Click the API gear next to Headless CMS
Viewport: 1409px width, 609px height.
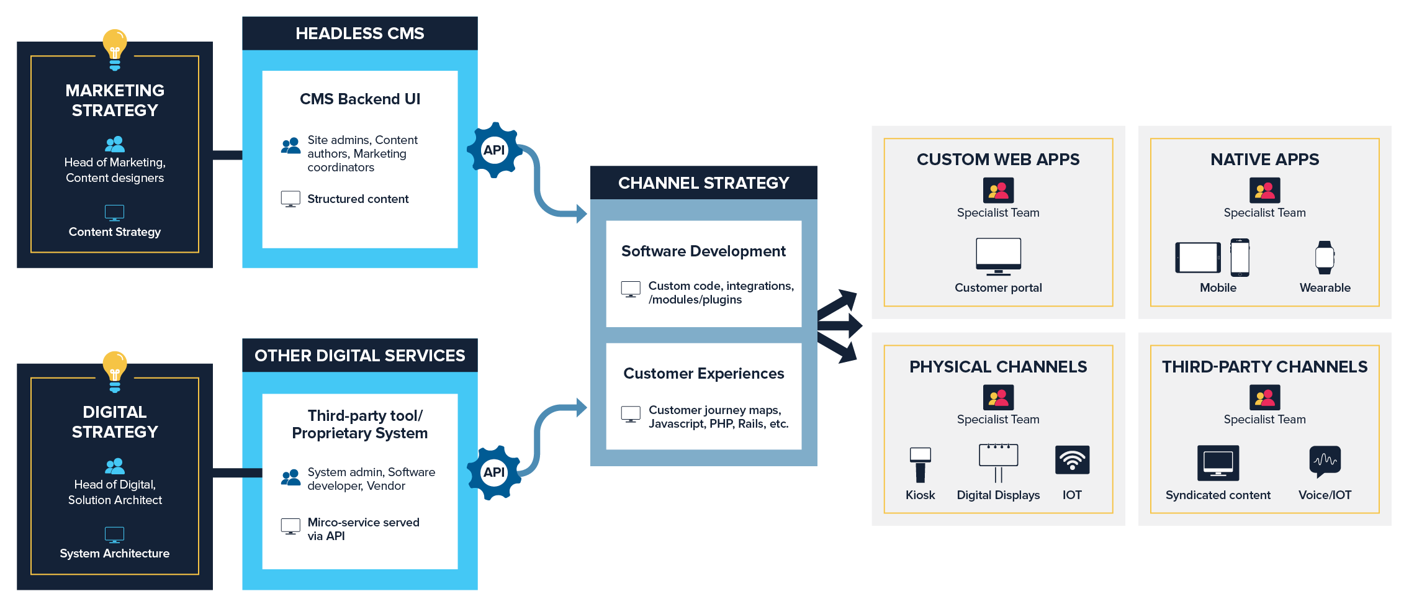point(494,150)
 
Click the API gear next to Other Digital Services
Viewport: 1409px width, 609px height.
point(494,472)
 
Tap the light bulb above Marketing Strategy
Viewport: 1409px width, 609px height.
point(115,50)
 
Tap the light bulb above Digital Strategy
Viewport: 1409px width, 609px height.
point(115,372)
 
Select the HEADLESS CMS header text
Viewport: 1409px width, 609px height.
point(360,34)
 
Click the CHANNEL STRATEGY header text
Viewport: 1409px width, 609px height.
point(704,183)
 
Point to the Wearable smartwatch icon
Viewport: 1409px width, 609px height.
point(1325,258)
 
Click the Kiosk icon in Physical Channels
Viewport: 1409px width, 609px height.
point(921,464)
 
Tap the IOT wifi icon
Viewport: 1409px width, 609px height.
point(1073,460)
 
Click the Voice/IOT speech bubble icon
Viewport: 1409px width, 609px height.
point(1325,461)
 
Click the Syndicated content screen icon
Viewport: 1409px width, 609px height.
point(1218,463)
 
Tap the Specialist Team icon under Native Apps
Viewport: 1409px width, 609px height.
point(1265,191)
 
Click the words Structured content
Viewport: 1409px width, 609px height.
point(358,199)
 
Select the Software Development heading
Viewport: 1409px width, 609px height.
point(703,251)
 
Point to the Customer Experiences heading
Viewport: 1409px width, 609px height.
point(704,374)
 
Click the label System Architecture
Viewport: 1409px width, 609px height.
point(115,554)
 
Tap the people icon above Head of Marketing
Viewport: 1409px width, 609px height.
point(115,144)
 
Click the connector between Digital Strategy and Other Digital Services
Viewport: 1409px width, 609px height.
point(238,473)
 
